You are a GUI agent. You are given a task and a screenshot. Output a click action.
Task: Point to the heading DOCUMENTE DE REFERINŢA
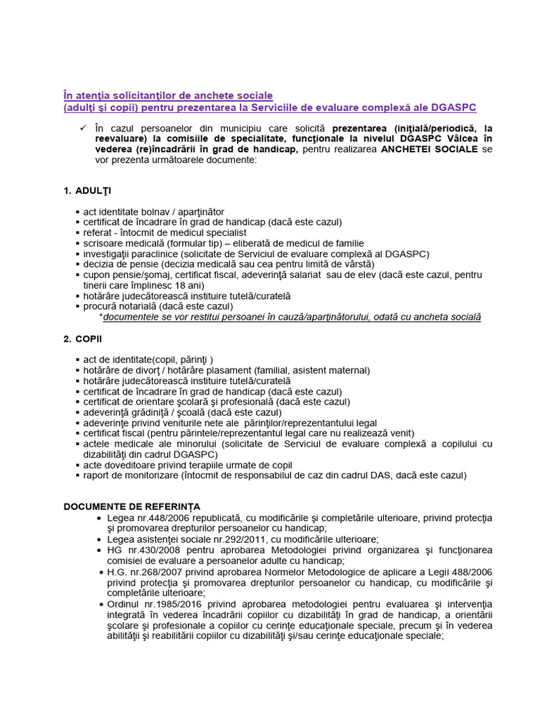(x=132, y=506)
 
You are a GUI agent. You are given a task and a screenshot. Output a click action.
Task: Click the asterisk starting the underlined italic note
(x=101, y=317)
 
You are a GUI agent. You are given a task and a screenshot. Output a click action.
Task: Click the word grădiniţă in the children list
(x=155, y=412)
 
